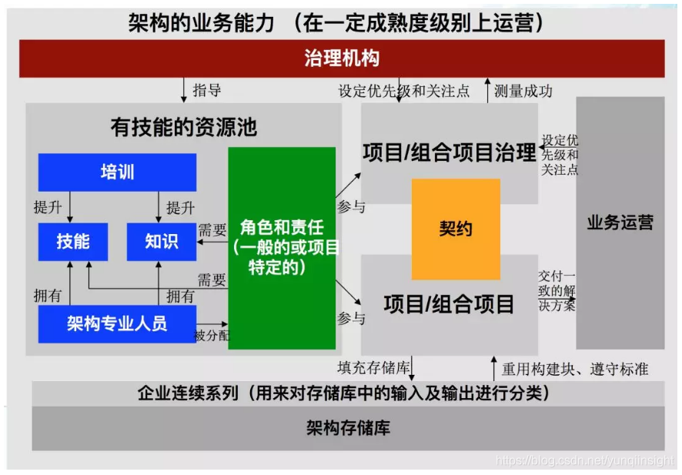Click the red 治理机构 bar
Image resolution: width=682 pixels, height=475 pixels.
click(x=342, y=59)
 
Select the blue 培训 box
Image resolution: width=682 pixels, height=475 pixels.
click(x=117, y=172)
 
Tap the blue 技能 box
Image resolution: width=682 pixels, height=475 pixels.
click(x=73, y=242)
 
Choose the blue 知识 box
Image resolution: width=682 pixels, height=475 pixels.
click(x=162, y=242)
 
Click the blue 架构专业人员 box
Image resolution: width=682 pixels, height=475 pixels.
click(x=117, y=323)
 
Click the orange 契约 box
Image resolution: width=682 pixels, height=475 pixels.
click(x=455, y=229)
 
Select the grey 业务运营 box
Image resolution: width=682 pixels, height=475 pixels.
click(x=620, y=223)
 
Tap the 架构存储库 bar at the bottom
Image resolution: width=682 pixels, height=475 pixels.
click(x=348, y=428)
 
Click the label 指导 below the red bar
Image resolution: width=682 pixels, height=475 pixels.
click(x=207, y=91)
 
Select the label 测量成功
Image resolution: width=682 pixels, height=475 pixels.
click(x=523, y=92)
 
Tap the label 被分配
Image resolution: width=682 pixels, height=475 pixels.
click(x=211, y=336)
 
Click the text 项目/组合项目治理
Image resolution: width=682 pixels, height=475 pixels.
click(x=450, y=153)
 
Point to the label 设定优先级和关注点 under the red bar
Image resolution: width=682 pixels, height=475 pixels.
click(x=403, y=92)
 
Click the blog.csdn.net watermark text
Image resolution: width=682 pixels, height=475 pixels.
click(x=584, y=461)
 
